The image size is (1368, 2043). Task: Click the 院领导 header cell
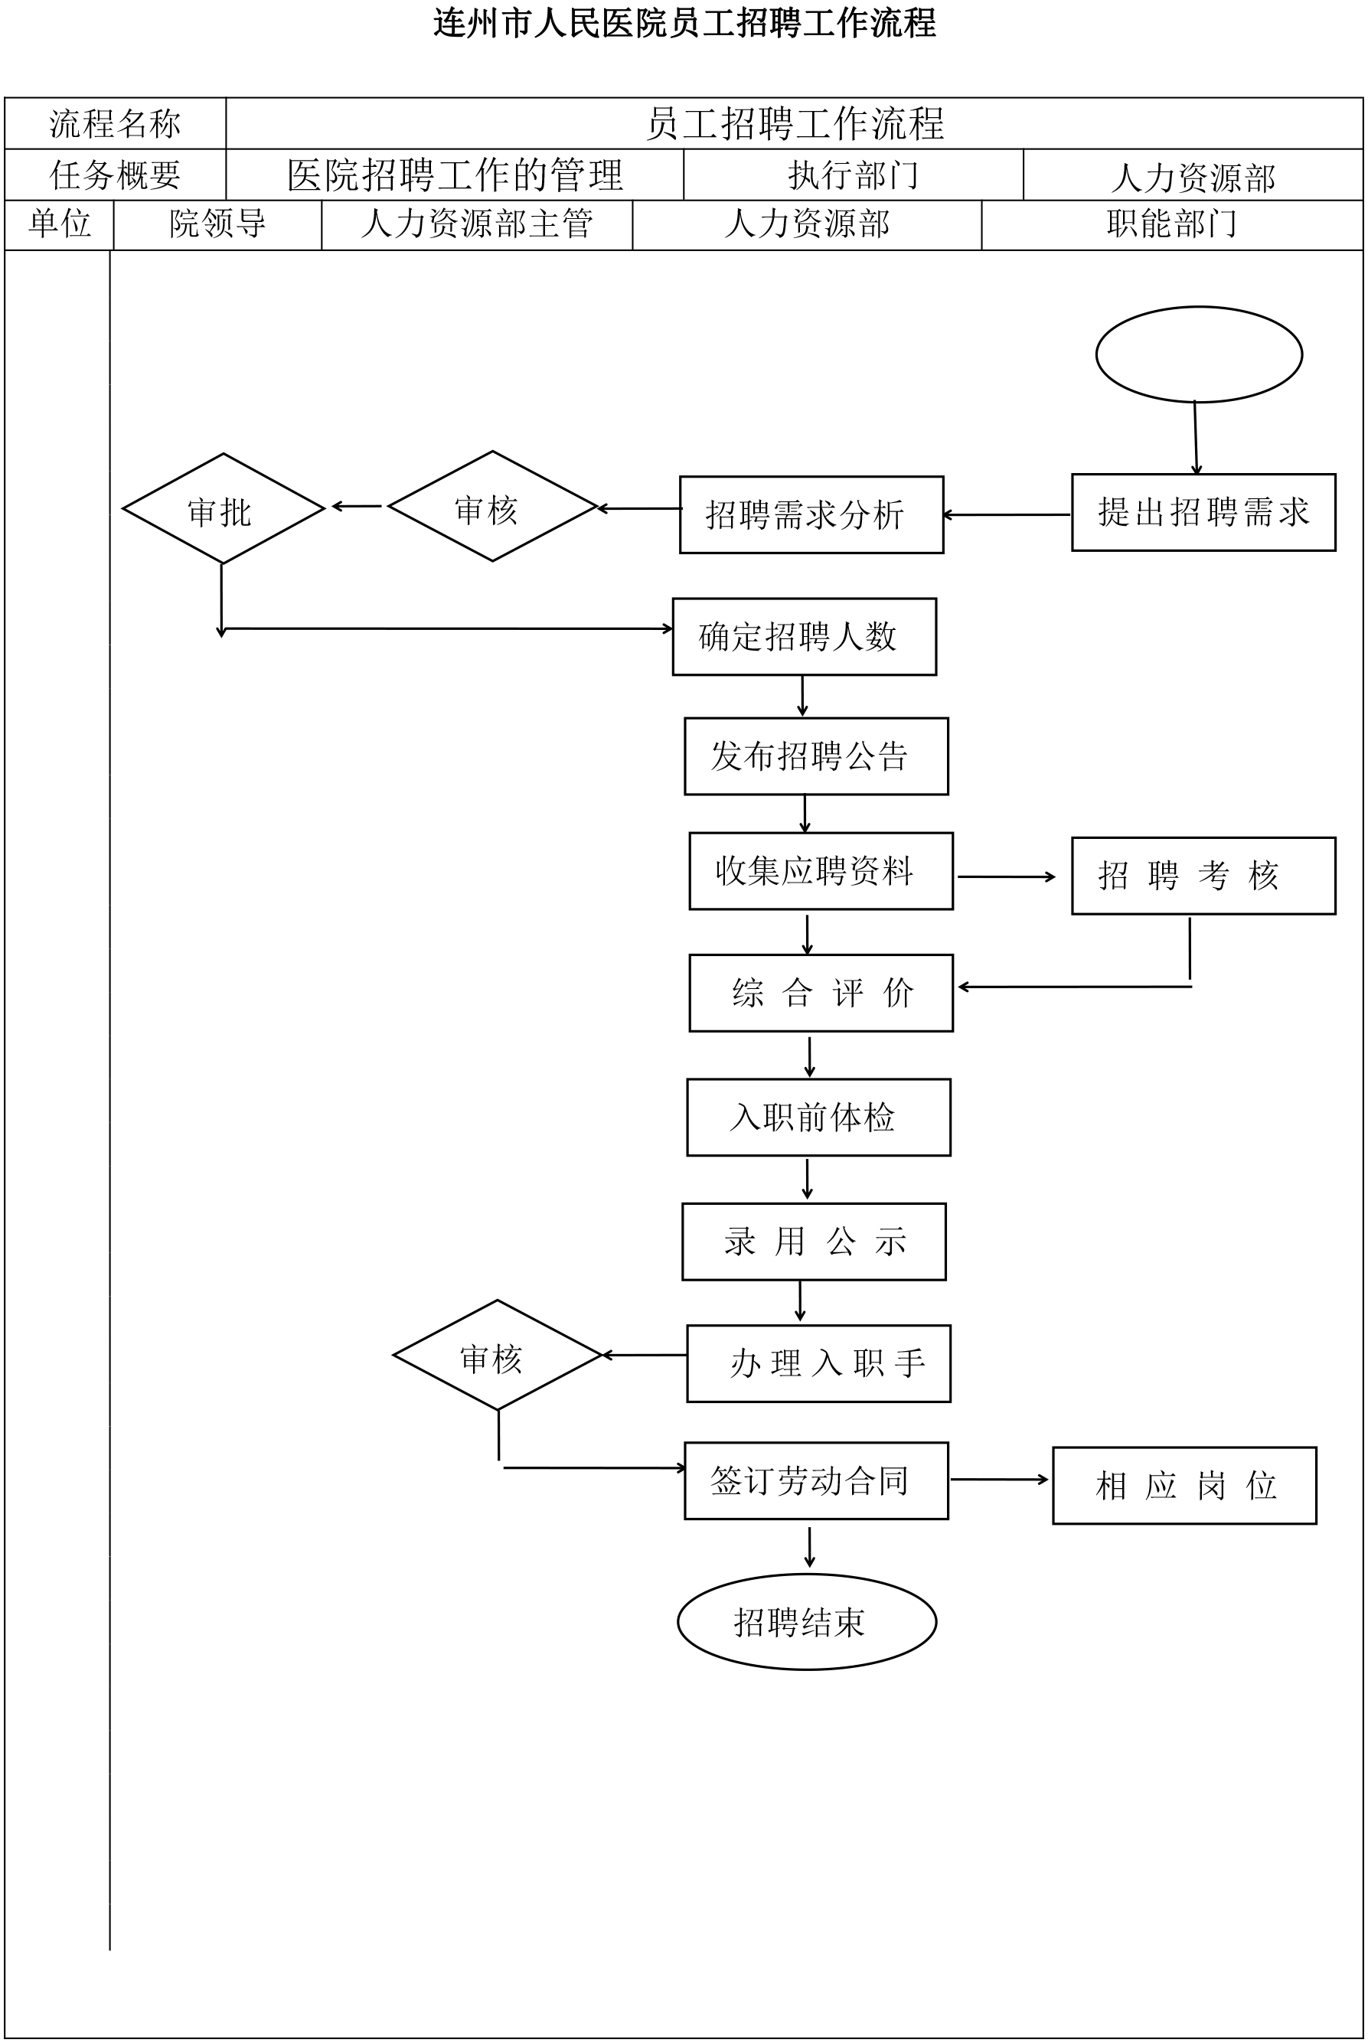pos(218,225)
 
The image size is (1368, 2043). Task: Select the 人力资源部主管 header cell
pos(477,225)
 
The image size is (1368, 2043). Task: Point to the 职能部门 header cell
pos(1172,225)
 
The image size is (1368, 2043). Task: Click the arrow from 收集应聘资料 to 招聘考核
pos(1007,876)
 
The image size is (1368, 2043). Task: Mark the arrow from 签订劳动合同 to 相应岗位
pos(1000,1480)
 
